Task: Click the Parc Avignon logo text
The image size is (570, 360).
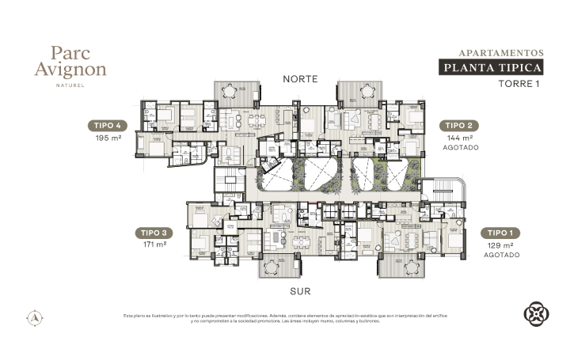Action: click(78, 61)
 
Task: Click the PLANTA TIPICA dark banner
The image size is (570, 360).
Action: click(492, 67)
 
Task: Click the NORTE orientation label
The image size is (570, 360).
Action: click(300, 79)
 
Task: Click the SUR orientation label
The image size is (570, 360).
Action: click(300, 291)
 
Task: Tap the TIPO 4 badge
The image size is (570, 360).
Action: click(107, 125)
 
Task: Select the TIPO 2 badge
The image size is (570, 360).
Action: click(459, 125)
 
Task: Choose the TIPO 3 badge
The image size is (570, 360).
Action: click(154, 233)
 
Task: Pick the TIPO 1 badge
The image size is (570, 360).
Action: click(502, 233)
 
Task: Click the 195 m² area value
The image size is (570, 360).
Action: click(107, 138)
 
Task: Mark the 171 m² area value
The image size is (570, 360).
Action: click(154, 245)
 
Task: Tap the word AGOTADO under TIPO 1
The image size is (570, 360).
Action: click(502, 256)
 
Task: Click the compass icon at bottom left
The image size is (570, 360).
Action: click(34, 317)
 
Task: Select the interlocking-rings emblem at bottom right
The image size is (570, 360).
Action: click(536, 313)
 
